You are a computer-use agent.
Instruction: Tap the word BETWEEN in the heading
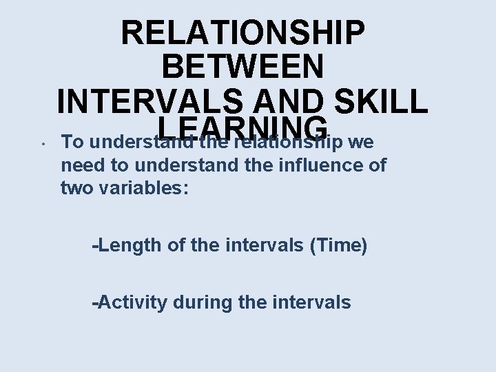coord(242,68)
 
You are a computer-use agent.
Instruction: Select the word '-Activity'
coord(130,302)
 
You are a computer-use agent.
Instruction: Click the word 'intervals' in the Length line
coord(264,245)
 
